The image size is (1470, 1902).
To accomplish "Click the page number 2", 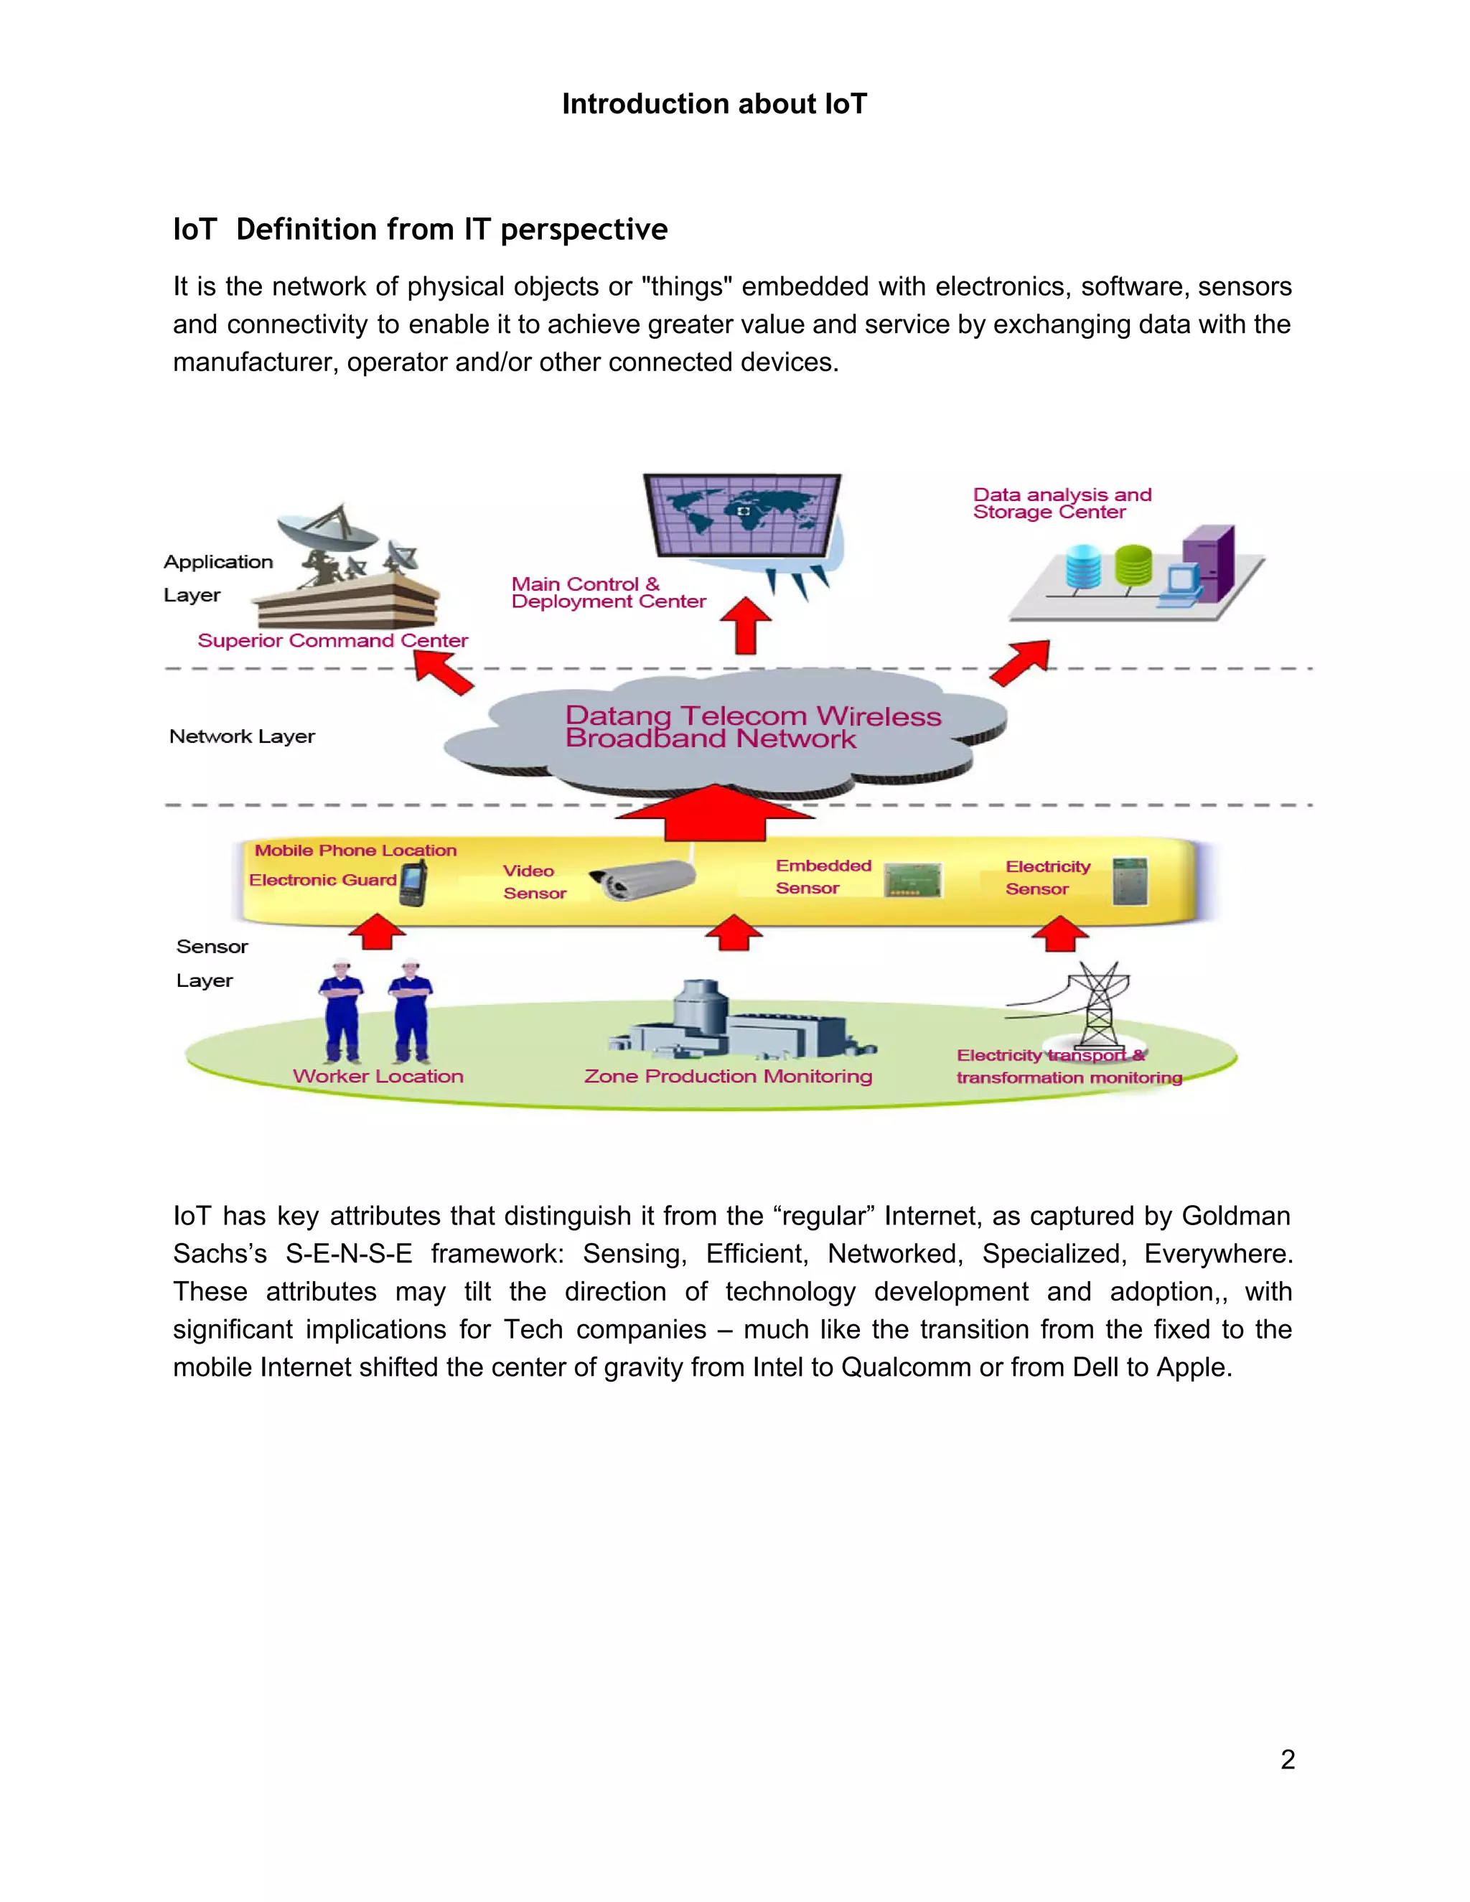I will tap(1287, 1759).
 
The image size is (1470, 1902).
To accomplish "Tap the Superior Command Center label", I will tap(332, 640).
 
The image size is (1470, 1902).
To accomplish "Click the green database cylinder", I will tap(1133, 564).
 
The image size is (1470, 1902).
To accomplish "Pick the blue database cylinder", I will tap(1083, 566).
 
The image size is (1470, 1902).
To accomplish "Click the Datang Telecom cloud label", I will tap(752, 726).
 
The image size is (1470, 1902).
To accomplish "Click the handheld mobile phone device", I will tap(413, 883).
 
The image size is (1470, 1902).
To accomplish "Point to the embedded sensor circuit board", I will tap(913, 880).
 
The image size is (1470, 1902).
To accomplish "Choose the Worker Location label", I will tap(378, 1076).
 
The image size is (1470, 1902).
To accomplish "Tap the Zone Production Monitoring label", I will tap(728, 1076).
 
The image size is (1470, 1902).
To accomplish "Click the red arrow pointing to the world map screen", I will tap(746, 624).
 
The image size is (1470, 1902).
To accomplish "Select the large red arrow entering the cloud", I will tap(714, 812).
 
